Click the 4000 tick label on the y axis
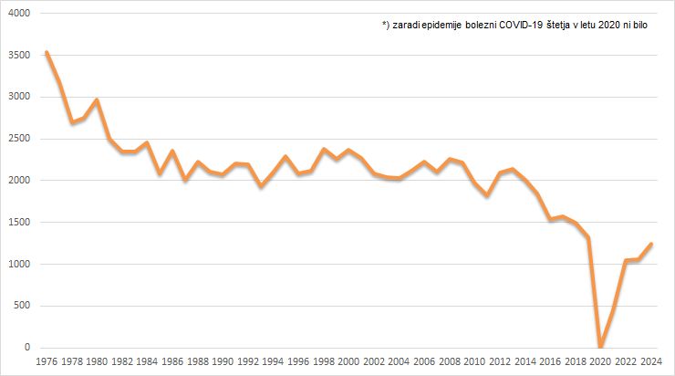18,14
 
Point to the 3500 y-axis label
18,55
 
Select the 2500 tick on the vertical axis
18,139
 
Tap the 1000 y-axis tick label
18,264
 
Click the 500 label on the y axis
21,306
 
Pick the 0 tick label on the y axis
26,348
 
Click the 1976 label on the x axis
46,362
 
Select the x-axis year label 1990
222,362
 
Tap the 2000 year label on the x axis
348,362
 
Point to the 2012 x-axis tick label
499,362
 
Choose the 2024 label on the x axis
649,362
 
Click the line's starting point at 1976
46,53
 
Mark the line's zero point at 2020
599,347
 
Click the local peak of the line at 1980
96,99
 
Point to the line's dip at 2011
486,195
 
